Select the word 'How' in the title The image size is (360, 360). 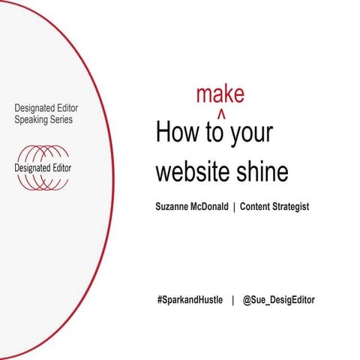tap(176, 133)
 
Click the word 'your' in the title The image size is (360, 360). tap(252, 133)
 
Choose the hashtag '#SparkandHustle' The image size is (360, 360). tap(188, 300)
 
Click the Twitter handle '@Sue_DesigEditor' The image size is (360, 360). tap(279, 300)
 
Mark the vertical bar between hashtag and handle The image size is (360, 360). tap(232, 300)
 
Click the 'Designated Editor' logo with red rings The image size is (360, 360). tap(43, 167)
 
